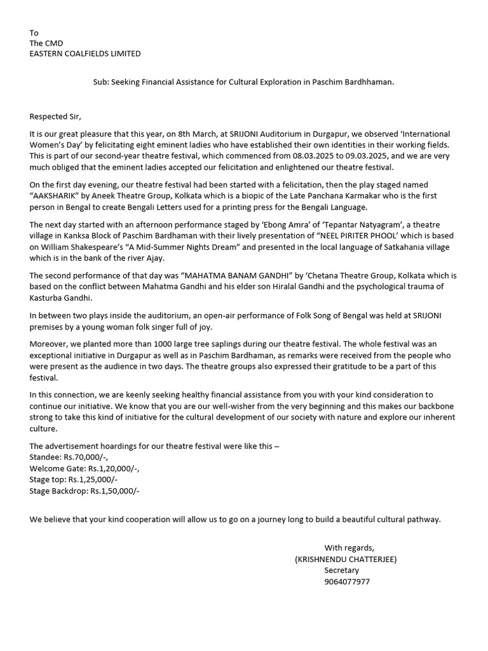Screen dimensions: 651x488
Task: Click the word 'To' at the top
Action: [x=34, y=32]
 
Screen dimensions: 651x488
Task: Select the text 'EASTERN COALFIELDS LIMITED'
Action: [x=85, y=53]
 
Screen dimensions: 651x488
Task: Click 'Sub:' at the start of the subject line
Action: [x=93, y=83]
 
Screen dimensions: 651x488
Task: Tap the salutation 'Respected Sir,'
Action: [x=56, y=116]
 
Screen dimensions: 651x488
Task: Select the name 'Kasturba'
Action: [x=47, y=298]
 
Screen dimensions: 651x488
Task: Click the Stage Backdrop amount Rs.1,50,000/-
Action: [x=114, y=491]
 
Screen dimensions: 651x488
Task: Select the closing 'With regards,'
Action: [x=349, y=547]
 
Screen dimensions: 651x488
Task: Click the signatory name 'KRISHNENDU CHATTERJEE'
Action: [x=346, y=559]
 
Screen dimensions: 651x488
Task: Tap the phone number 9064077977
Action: [x=347, y=582]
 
